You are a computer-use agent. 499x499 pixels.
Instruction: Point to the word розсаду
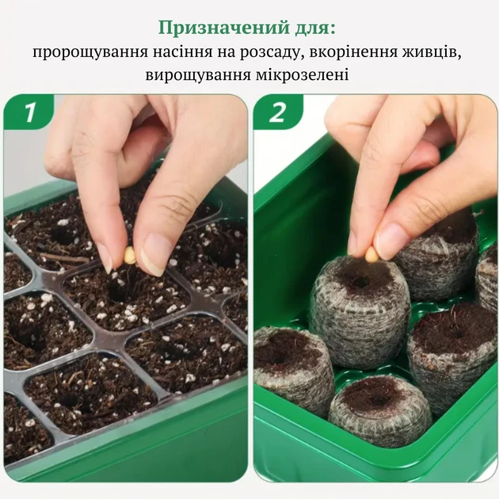click(270, 52)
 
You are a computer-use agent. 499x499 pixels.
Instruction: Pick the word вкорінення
click(353, 51)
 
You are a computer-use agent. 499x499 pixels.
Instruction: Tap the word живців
click(432, 52)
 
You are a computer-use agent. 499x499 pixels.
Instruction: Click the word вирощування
click(197, 75)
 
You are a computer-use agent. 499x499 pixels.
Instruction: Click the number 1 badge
click(29, 112)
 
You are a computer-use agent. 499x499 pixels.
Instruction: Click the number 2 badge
click(277, 112)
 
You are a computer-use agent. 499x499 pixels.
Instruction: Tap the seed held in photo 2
click(371, 254)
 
